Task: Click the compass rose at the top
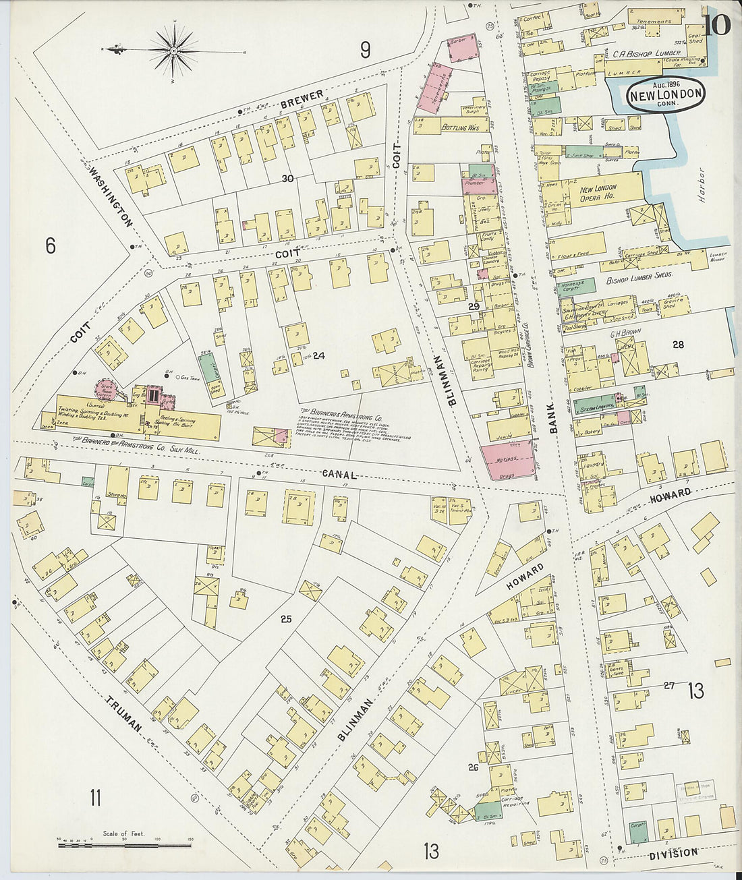pos(174,50)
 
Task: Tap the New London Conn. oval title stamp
pos(665,94)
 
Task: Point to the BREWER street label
pos(302,98)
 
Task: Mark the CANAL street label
pos(340,475)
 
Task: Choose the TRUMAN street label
pos(125,715)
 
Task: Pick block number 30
pos(288,179)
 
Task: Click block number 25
pos(285,618)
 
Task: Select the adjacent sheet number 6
pos(50,246)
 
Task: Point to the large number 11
pos(95,798)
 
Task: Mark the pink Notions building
pos(508,459)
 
